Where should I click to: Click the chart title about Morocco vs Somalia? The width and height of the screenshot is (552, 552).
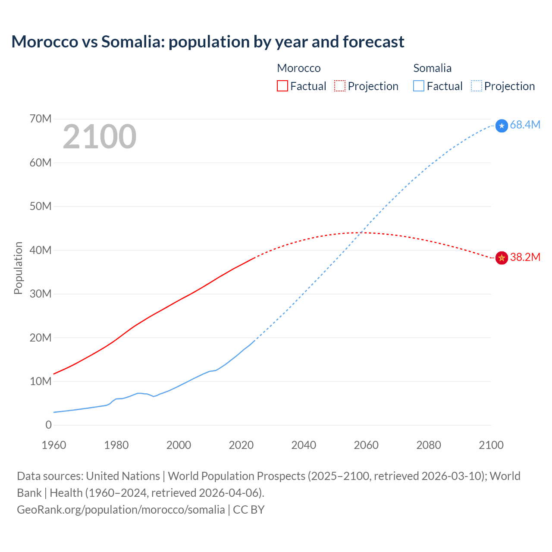(x=207, y=42)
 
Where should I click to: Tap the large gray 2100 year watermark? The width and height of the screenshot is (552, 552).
(x=100, y=137)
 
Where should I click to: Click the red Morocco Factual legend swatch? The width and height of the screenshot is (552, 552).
(x=282, y=86)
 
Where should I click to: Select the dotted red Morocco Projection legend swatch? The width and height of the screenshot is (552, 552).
(x=340, y=86)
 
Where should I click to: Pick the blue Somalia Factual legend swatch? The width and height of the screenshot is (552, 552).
(x=418, y=86)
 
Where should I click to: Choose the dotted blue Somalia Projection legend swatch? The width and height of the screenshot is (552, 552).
(x=476, y=86)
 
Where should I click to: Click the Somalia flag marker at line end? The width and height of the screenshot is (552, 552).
(x=502, y=126)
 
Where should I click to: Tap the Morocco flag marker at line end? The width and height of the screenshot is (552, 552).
(x=502, y=258)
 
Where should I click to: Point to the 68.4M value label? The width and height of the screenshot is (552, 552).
(x=525, y=125)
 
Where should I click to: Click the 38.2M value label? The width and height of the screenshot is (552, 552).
(x=525, y=257)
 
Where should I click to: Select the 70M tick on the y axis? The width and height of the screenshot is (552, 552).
(x=41, y=119)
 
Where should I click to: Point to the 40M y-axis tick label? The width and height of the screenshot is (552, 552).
(x=41, y=250)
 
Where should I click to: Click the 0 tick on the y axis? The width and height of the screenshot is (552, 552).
(x=48, y=425)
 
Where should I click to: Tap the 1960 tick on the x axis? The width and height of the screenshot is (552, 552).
(x=54, y=445)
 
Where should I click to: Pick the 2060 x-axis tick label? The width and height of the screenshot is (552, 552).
(x=366, y=445)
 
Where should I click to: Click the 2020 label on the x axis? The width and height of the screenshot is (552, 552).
(x=241, y=445)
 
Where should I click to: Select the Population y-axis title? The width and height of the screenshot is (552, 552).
(x=18, y=268)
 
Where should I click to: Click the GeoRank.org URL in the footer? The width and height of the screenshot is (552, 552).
(x=121, y=510)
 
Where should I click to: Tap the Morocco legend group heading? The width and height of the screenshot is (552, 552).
(x=298, y=68)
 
